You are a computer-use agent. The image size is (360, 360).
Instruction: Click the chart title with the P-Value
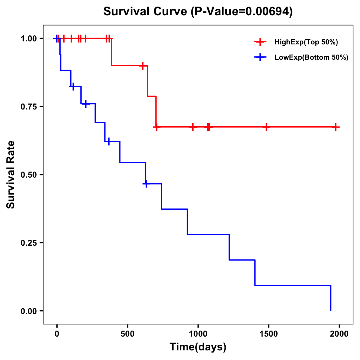click(x=198, y=11)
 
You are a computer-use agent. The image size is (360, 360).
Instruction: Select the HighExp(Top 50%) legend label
click(x=306, y=42)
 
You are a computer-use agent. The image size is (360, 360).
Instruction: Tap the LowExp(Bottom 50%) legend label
click(x=311, y=58)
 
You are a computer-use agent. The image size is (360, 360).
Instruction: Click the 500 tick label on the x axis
click(x=127, y=334)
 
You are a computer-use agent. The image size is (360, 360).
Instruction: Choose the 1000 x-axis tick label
click(x=198, y=334)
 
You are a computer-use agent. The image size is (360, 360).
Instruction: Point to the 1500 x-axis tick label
click(x=268, y=334)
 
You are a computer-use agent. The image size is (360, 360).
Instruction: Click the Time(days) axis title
click(x=198, y=347)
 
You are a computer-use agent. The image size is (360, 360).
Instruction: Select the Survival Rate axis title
click(x=11, y=175)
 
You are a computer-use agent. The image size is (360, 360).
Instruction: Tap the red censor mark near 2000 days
click(x=336, y=127)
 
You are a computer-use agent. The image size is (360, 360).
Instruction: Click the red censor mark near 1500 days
click(x=266, y=127)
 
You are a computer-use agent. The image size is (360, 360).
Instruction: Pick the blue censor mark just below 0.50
click(x=146, y=184)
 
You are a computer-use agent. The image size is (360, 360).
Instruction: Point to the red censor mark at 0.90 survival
click(x=143, y=66)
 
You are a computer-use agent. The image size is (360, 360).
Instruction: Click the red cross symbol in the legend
click(x=260, y=42)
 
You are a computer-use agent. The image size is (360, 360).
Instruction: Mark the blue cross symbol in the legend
click(x=260, y=57)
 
